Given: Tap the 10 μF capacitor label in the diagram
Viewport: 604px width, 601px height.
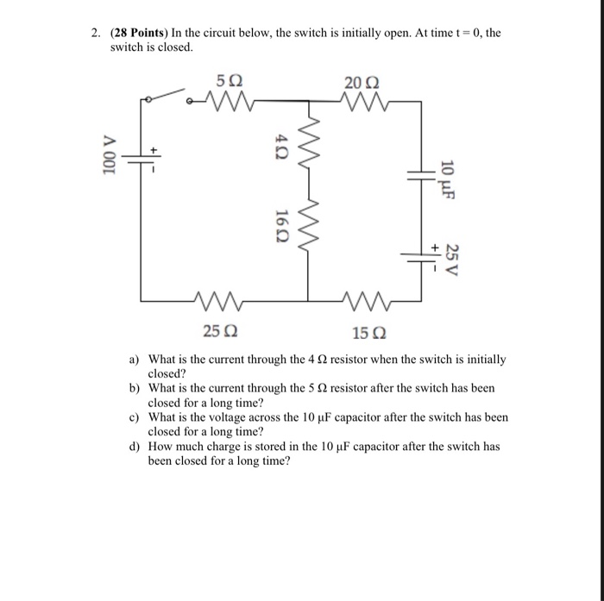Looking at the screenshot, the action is pos(447,178).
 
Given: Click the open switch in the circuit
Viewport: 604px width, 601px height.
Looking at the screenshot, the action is pos(168,94).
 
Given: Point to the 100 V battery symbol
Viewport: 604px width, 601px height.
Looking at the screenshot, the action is pos(142,160).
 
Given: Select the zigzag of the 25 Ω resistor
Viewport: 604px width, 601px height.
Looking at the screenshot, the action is pos(220,301).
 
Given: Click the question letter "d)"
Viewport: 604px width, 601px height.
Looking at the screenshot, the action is pos(134,447).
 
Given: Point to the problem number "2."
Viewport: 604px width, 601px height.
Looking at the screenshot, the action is pos(98,33).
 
